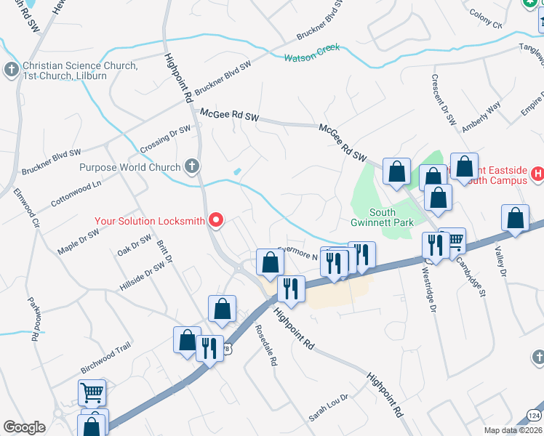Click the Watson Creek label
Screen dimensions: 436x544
[311, 54]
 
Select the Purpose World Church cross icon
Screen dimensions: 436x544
[192, 167]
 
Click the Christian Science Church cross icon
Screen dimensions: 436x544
[11, 70]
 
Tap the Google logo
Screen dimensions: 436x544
[24, 427]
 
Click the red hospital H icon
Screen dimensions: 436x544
[537, 174]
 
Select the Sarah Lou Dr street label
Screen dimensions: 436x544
[329, 408]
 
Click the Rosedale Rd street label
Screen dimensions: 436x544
[267, 344]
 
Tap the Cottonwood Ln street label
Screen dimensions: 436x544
[76, 193]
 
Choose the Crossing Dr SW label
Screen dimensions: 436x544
[165, 139]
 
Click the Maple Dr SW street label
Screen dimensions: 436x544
[78, 242]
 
